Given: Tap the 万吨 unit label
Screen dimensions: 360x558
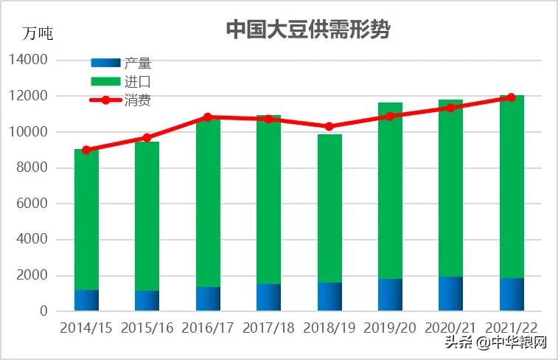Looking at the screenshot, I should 38,34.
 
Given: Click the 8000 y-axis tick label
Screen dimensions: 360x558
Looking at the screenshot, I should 33,167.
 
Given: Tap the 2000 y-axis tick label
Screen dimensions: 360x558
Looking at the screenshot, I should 33,275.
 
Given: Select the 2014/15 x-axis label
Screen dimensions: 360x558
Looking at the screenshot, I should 86,328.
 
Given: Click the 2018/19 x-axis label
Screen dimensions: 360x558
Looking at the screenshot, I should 329,328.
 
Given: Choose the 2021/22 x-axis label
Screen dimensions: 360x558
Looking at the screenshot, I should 511,328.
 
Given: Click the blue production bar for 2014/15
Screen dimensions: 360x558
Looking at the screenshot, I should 86,300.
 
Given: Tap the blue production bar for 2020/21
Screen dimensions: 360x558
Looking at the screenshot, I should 450,294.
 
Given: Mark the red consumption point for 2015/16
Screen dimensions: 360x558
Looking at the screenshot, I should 147,137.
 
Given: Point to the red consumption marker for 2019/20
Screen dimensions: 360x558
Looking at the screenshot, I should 390,116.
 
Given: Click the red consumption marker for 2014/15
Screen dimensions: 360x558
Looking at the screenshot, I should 86,150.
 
